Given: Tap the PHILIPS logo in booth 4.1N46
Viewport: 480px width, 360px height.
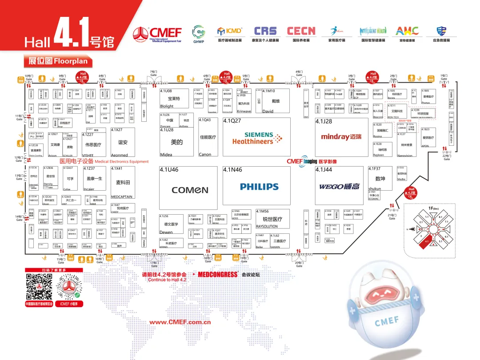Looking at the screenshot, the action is pos(259,187).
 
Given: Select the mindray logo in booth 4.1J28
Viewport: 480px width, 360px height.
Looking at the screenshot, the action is pos(342,137).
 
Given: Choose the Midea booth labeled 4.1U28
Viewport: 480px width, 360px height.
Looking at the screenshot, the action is pos(176,142).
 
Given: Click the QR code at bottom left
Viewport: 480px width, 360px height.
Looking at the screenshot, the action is pos(39,287).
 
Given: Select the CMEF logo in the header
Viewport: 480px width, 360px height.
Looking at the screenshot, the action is pos(157,33).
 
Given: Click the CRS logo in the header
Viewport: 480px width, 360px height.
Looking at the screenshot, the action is pos(265,31).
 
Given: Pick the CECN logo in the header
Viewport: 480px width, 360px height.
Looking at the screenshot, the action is pos(301,31).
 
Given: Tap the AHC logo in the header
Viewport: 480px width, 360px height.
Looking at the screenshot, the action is pos(407,31).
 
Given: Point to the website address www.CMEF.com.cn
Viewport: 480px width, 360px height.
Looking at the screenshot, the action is pos(180,322).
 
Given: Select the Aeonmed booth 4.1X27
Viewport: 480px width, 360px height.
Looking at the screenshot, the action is pos(123,142).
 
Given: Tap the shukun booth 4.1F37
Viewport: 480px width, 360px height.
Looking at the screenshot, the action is pos(380,179).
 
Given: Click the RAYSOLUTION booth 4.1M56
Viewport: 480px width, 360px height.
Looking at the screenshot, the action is pos(272,219).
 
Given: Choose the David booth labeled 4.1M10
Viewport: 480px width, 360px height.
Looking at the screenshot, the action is pos(276,101).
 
